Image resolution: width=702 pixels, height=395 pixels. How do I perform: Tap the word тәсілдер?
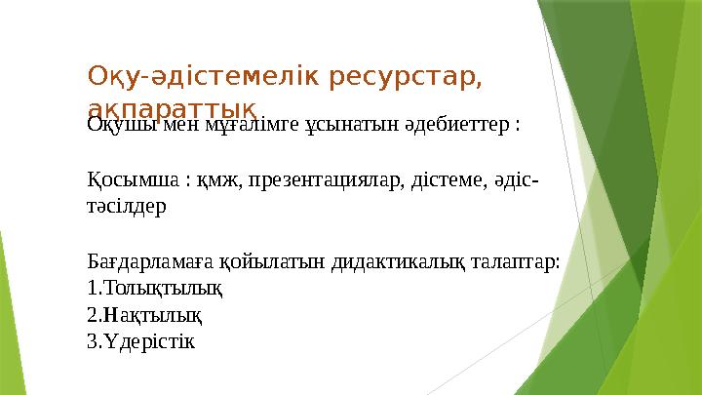(x=127, y=208)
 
